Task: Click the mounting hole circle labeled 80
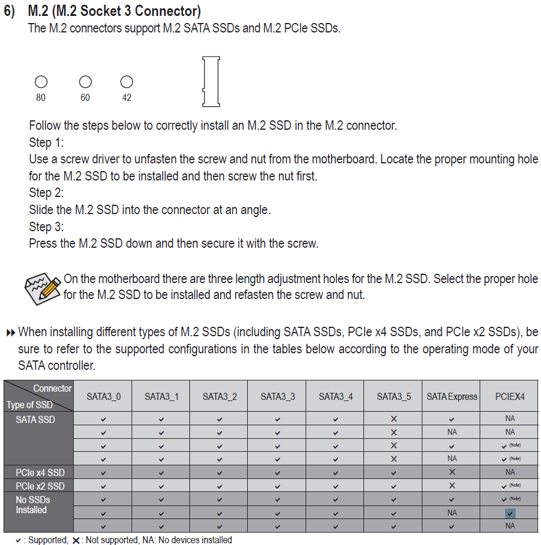tap(41, 82)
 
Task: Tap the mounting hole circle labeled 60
tap(86, 82)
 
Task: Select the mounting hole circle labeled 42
tap(126, 82)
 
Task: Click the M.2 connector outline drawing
tap(211, 81)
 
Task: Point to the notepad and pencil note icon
tap(42, 287)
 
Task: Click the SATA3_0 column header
tap(103, 396)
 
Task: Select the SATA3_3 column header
tap(278, 396)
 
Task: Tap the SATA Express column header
tap(452, 396)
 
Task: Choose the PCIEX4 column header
tap(510, 396)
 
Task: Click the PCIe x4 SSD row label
tap(40, 472)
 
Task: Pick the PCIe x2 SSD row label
tap(40, 486)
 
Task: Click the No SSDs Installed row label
tap(32, 505)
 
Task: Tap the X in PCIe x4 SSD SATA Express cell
tap(452, 472)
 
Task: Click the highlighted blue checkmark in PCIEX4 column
tap(510, 513)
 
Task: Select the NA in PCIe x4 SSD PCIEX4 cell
tap(510, 472)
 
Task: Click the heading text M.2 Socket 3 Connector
tap(114, 11)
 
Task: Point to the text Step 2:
tap(47, 193)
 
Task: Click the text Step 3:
tap(47, 227)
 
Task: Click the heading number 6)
tap(11, 11)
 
